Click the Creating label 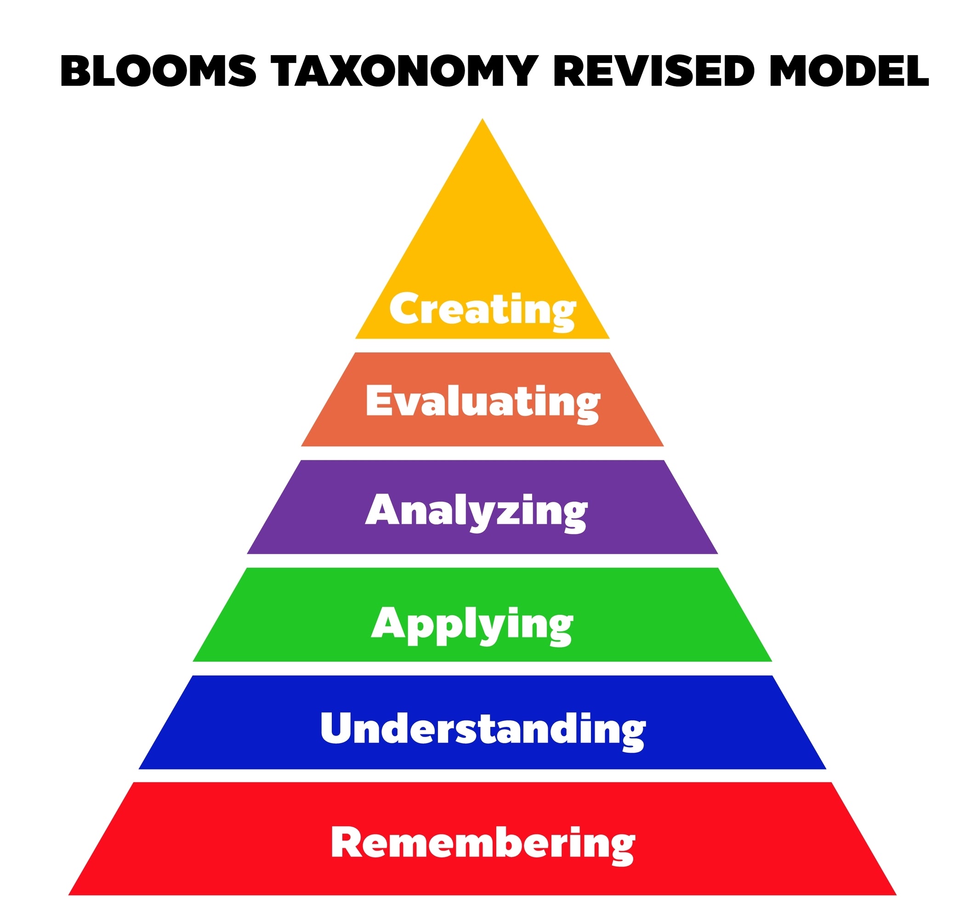point(482,309)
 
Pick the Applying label point(472,624)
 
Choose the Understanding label point(482,729)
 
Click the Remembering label point(482,843)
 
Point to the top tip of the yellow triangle point(482,119)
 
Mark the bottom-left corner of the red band point(69,895)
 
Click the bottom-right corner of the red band point(896,895)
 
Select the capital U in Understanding point(337,727)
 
